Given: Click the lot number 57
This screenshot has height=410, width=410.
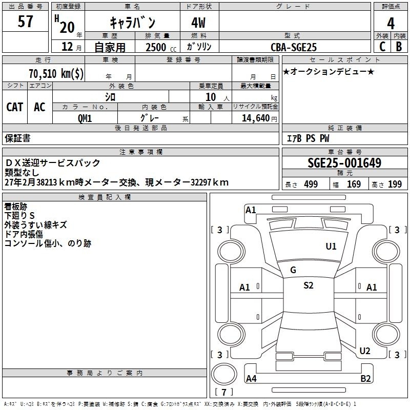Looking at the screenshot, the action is [x=25, y=21].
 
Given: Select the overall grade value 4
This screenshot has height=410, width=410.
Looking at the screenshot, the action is [x=391, y=24].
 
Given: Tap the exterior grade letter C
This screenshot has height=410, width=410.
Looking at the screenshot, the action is [x=382, y=47].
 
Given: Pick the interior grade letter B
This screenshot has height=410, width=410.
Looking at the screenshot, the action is [x=399, y=47].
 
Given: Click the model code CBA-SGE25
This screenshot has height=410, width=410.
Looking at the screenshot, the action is [x=294, y=47].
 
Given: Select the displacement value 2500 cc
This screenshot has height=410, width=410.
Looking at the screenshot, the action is [x=161, y=47].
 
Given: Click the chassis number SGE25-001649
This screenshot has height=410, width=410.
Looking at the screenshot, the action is [x=344, y=162].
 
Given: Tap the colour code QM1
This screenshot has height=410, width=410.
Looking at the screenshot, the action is [x=85, y=118].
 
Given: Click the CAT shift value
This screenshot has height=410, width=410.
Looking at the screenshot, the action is [x=15, y=107].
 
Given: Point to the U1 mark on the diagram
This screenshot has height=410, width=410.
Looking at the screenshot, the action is [x=331, y=247].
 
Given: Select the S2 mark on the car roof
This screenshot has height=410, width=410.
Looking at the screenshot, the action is [x=309, y=285].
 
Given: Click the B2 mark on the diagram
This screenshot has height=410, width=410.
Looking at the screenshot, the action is [x=365, y=379].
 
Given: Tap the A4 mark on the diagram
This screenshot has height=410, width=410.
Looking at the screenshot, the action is [x=251, y=379].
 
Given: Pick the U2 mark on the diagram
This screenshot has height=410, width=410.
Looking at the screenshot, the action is [x=365, y=351].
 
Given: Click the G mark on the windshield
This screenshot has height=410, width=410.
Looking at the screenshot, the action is [x=293, y=270].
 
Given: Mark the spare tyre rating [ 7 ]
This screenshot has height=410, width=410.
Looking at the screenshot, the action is [x=224, y=392].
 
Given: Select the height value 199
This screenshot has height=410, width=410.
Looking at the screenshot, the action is [x=395, y=184].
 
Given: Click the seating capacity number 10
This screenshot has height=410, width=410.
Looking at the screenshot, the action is [x=211, y=97].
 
